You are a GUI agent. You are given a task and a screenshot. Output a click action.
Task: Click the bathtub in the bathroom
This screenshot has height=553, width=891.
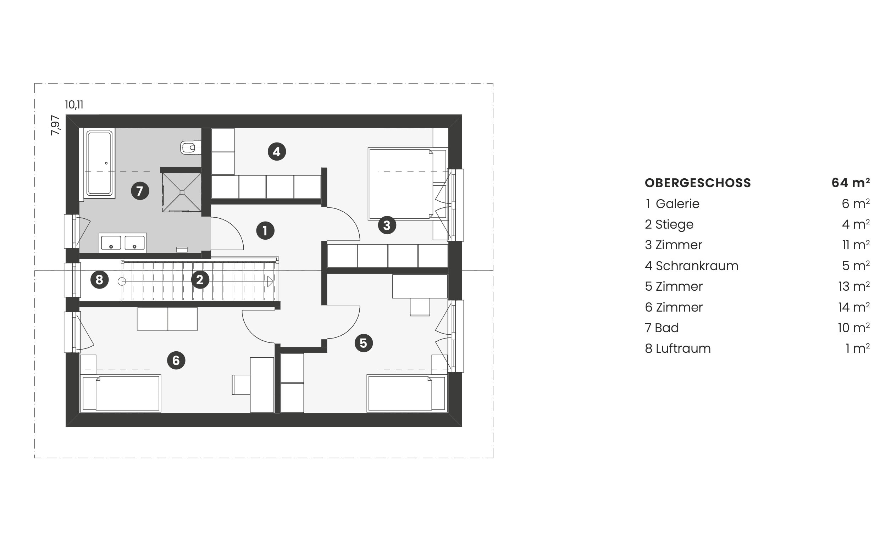click(100, 163)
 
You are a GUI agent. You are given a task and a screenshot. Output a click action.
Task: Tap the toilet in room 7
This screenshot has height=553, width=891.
click(190, 148)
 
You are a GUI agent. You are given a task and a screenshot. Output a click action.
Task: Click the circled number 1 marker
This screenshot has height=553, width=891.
click(265, 231)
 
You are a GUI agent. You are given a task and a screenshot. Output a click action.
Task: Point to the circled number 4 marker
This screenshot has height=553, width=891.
click(277, 151)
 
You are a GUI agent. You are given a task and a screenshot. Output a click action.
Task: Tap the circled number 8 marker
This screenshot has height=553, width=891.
click(100, 280)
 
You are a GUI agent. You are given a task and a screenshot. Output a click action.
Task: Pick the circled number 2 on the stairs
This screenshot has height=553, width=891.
click(200, 280)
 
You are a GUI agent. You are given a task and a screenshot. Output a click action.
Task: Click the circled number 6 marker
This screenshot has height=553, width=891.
click(176, 360)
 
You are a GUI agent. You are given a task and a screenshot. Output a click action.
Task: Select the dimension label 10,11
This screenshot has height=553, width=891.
click(74, 105)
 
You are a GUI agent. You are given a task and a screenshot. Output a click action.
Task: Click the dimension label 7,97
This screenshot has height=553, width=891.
click(55, 125)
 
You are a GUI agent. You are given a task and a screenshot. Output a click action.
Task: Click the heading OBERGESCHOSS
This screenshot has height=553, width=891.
click(698, 183)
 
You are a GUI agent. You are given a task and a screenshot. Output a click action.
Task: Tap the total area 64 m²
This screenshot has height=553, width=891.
click(850, 183)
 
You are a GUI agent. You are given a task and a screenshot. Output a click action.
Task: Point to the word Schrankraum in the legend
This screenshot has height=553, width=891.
click(697, 266)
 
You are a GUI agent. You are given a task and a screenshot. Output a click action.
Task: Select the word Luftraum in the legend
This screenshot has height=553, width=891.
click(683, 348)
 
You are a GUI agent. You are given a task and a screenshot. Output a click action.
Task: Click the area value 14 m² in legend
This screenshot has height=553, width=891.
click(854, 307)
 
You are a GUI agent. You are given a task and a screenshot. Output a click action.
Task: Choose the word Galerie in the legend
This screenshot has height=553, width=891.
click(678, 204)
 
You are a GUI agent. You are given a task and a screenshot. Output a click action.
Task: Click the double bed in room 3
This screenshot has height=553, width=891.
click(408, 184)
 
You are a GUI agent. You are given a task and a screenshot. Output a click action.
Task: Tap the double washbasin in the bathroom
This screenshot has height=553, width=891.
click(123, 243)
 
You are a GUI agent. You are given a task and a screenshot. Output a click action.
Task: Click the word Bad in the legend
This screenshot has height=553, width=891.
click(667, 328)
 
